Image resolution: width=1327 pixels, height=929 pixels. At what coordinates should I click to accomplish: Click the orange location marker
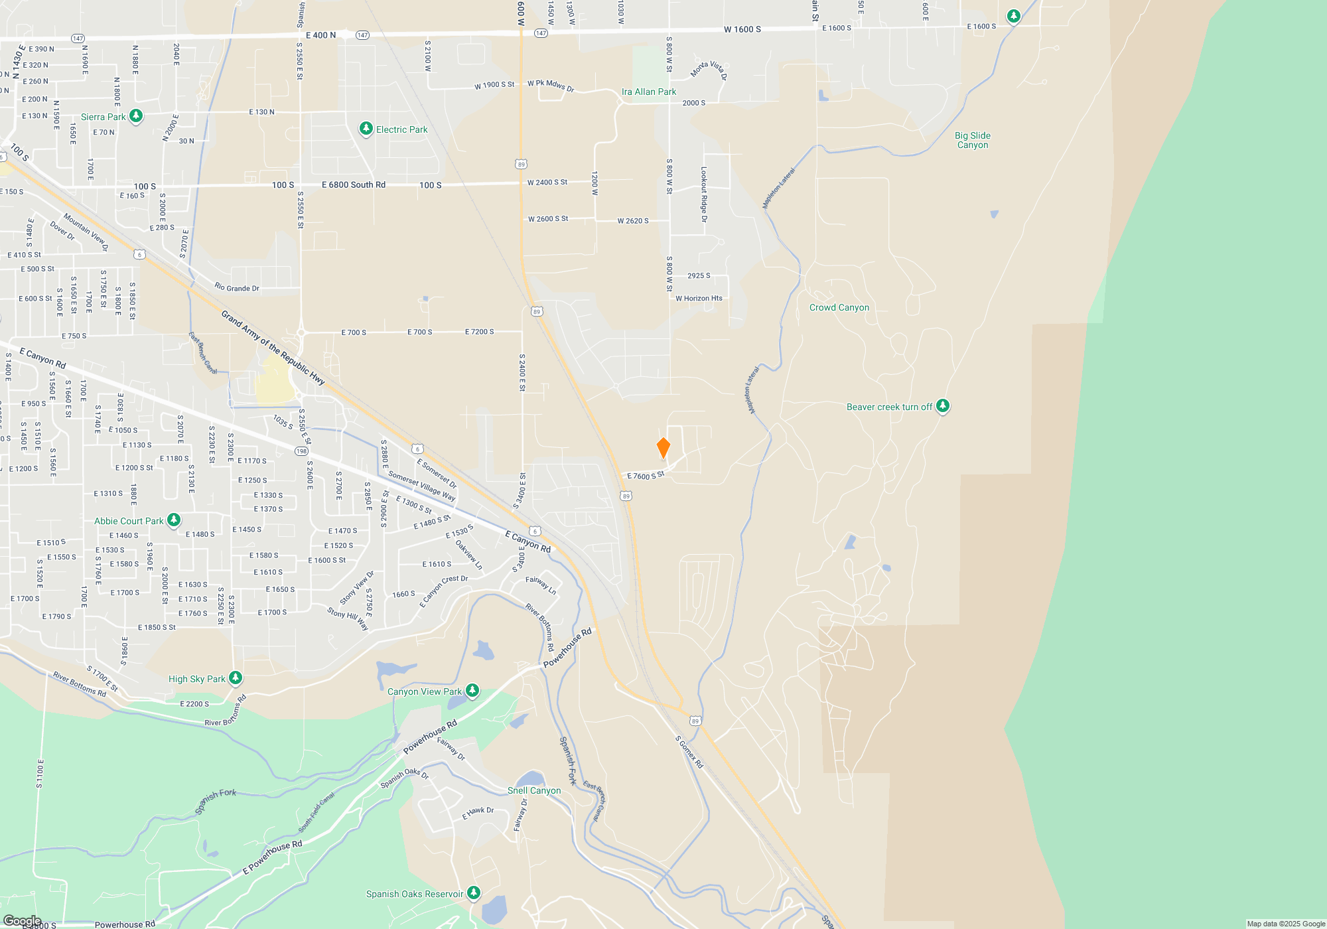(663, 448)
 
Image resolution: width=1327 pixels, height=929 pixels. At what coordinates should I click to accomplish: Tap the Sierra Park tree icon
(136, 116)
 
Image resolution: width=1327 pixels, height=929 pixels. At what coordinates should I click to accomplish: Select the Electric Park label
(401, 130)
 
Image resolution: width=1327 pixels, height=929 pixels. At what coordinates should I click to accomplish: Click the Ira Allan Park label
(649, 92)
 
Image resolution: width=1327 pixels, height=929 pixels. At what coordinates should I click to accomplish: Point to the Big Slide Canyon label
(973, 141)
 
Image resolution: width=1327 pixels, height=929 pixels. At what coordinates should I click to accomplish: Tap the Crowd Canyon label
(839, 308)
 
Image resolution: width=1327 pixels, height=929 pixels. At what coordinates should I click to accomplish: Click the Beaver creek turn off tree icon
(942, 406)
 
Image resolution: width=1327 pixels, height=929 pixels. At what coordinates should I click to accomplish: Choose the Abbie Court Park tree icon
(174, 520)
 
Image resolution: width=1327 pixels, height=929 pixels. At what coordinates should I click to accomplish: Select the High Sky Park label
(196, 679)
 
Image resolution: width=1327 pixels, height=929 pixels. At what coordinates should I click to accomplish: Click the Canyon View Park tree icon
(472, 691)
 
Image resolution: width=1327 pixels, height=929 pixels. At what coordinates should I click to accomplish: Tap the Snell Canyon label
(534, 791)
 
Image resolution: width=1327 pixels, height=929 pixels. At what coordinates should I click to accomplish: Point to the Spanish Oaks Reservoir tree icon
(474, 893)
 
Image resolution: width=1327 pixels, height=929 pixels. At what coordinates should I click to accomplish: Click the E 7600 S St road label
(646, 476)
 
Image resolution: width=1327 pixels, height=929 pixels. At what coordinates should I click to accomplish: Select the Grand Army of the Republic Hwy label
(273, 348)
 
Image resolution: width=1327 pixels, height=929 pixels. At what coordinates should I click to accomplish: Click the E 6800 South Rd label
(354, 185)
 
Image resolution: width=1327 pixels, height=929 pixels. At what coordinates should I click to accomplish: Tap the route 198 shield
(301, 451)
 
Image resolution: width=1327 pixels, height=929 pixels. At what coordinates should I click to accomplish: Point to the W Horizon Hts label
(699, 299)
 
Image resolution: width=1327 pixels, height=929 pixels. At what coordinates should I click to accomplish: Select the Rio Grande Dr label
(237, 288)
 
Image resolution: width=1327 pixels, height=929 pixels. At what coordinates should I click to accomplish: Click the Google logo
(22, 920)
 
